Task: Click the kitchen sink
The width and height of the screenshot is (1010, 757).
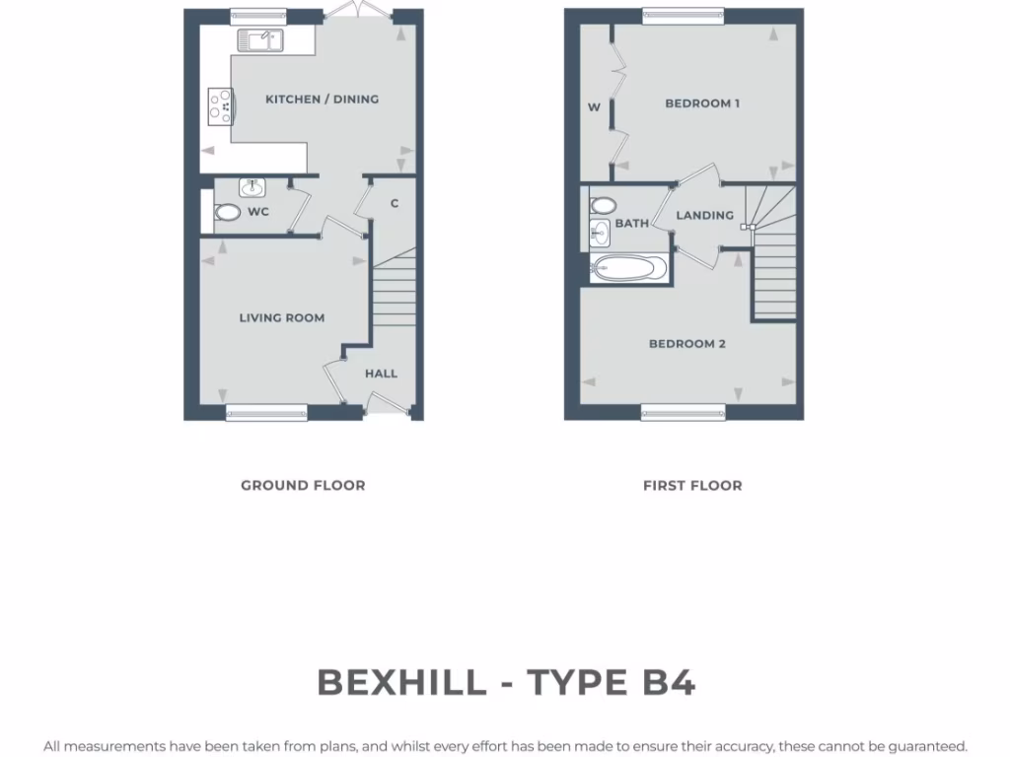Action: (260, 40)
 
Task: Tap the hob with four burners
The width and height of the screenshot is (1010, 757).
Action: (220, 105)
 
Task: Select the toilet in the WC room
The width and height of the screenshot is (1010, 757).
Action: (228, 212)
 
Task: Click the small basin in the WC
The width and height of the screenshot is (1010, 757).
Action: (252, 186)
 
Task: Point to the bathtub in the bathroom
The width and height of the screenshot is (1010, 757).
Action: (629, 266)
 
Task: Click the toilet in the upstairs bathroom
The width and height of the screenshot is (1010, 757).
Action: (603, 206)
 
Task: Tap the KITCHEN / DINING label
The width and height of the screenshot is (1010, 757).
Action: (322, 99)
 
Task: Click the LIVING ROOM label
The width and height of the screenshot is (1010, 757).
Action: (282, 317)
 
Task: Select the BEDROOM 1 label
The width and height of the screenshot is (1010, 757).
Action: (702, 103)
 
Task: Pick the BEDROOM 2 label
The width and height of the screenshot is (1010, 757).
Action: (687, 344)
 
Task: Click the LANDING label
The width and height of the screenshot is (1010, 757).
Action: (704, 215)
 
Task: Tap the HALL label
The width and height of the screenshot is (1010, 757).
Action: (381, 374)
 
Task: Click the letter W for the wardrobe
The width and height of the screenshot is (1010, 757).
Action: (594, 107)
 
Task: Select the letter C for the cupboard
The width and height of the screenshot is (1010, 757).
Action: (394, 204)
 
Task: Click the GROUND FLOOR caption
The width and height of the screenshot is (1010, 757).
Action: (303, 485)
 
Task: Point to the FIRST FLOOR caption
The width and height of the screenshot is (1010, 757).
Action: (692, 485)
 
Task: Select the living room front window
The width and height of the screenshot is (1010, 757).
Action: (266, 412)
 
